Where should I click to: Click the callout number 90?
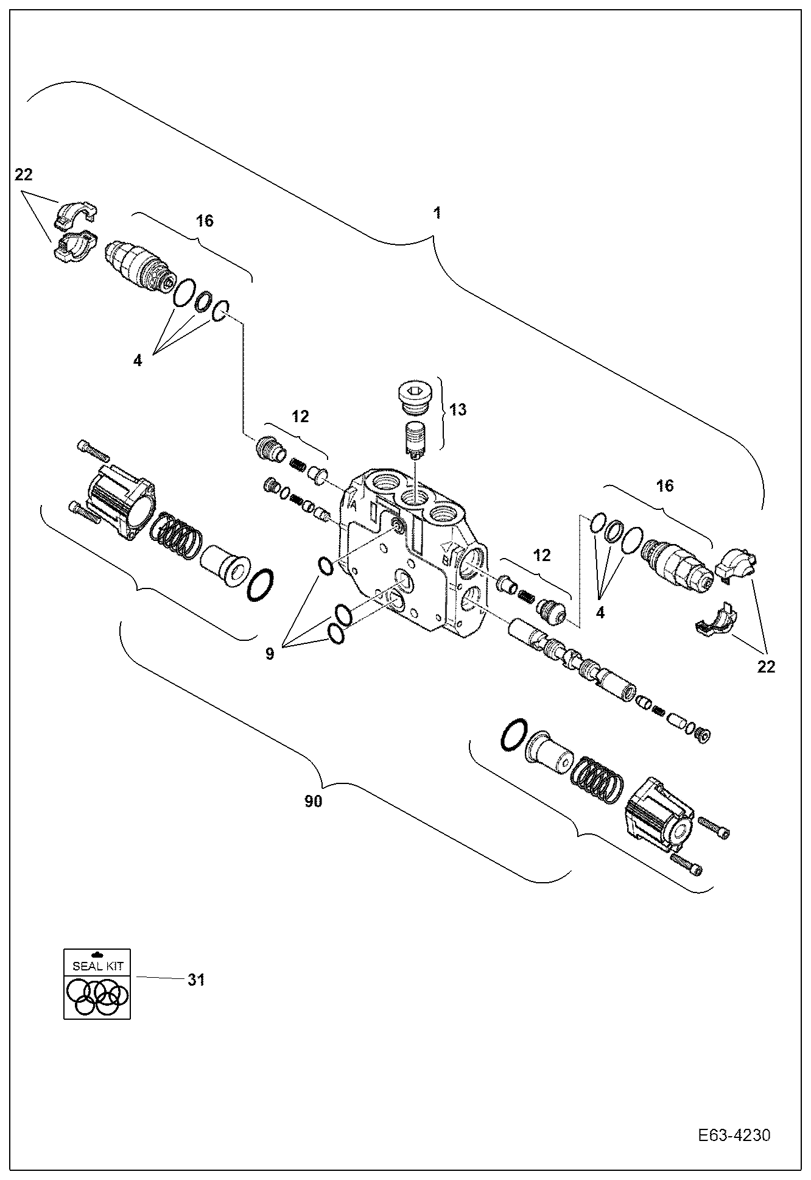pyautogui.click(x=313, y=801)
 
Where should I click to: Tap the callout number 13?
pyautogui.click(x=458, y=409)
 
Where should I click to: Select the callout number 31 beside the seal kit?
pyautogui.click(x=195, y=980)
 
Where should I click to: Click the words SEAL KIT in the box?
pyautogui.click(x=97, y=966)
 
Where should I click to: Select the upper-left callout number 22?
pyautogui.click(x=24, y=175)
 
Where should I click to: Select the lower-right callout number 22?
pyautogui.click(x=766, y=666)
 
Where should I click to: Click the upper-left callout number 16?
pyautogui.click(x=205, y=221)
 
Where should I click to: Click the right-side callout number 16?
pyautogui.click(x=665, y=486)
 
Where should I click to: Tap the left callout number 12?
pyautogui.click(x=300, y=416)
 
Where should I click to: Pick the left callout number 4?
pyautogui.click(x=138, y=361)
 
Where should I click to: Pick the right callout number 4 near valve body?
pyautogui.click(x=600, y=613)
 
